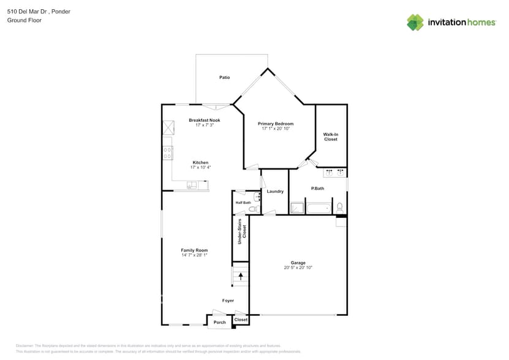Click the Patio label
225,78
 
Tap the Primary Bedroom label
275,124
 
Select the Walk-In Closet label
331,137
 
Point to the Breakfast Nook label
204,120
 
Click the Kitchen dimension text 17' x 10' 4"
200,167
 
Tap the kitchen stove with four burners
167,152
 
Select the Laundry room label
275,192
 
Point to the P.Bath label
317,189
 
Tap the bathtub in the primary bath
318,208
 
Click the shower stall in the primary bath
296,208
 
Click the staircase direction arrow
241,276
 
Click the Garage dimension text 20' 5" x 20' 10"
298,268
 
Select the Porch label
220,322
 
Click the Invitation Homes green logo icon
415,22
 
